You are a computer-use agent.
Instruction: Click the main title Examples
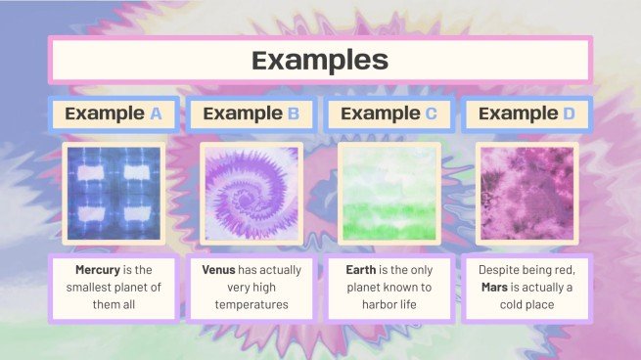coord(320,61)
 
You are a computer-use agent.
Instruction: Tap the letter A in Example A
coord(156,113)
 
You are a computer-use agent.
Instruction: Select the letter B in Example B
coord(293,113)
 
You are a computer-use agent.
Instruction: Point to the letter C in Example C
coord(431,113)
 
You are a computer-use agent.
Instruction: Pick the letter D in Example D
coord(570,113)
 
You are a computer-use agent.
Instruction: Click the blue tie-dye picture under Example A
coord(113,193)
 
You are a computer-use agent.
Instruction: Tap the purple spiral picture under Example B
coord(252,193)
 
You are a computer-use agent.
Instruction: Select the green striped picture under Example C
coord(389,193)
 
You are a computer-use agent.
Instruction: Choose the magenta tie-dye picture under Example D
coord(527,193)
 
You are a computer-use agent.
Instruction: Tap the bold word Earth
coord(365,269)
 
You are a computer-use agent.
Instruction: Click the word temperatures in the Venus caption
coord(252,304)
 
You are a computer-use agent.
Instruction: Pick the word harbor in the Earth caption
coord(376,304)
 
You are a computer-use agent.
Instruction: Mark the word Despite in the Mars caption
coord(501,269)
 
